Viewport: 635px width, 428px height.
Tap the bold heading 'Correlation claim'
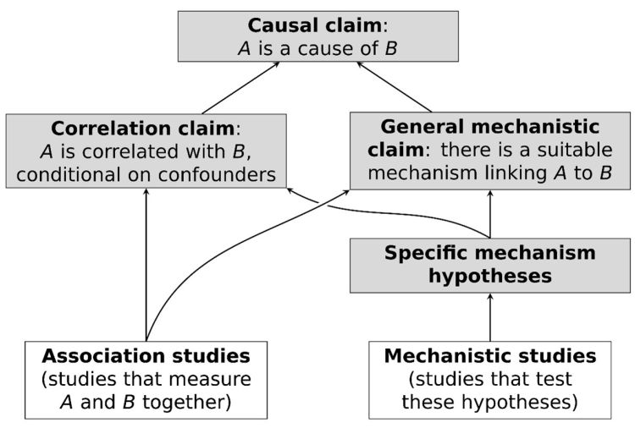point(141,129)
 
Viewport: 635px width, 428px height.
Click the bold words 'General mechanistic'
point(489,127)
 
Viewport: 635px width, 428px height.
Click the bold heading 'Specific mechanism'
point(489,253)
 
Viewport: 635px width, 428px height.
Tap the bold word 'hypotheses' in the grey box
point(489,276)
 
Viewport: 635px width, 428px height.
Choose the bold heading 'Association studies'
point(146,354)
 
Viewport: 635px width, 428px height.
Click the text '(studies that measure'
point(146,378)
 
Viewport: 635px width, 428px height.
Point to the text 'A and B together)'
point(146,402)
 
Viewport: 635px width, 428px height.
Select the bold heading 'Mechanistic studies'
point(489,354)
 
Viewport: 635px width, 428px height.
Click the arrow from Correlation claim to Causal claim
point(241,88)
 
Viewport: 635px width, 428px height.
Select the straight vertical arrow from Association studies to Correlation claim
point(146,262)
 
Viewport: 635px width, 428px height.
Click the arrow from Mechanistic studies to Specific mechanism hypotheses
point(490,316)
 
